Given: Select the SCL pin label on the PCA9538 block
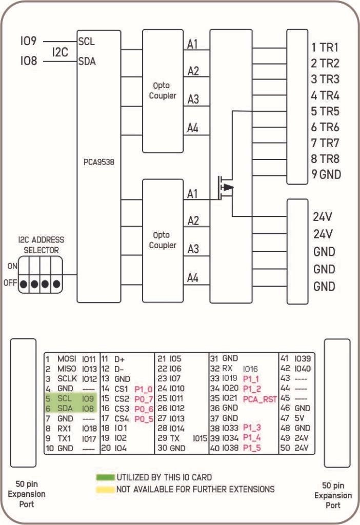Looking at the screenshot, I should tap(87, 41).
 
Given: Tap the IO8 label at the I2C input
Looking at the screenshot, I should tap(29, 61).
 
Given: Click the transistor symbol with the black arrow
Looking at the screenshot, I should tap(225, 187).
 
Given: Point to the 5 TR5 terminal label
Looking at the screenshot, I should tap(325, 111).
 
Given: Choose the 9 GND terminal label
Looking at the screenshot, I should tap(326, 174).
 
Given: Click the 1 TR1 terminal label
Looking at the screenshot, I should tap(325, 48).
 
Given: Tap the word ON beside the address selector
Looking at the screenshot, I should tap(12, 266).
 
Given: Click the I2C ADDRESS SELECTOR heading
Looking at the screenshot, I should tap(41, 245).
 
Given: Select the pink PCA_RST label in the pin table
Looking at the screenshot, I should tap(259, 398).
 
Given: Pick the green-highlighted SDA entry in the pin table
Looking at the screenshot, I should tap(64, 408).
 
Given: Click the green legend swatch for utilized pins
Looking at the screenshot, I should tap(105, 477).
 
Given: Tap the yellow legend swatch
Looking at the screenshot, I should tap(105, 489).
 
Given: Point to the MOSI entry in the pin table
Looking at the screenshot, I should tap(66, 359).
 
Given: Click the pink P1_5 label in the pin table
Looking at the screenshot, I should tap(252, 448).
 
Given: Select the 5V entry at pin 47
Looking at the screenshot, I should tap(299, 418).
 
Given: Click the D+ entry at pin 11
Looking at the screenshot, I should tap(119, 359).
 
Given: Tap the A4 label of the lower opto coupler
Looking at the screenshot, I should tap(193, 278).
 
